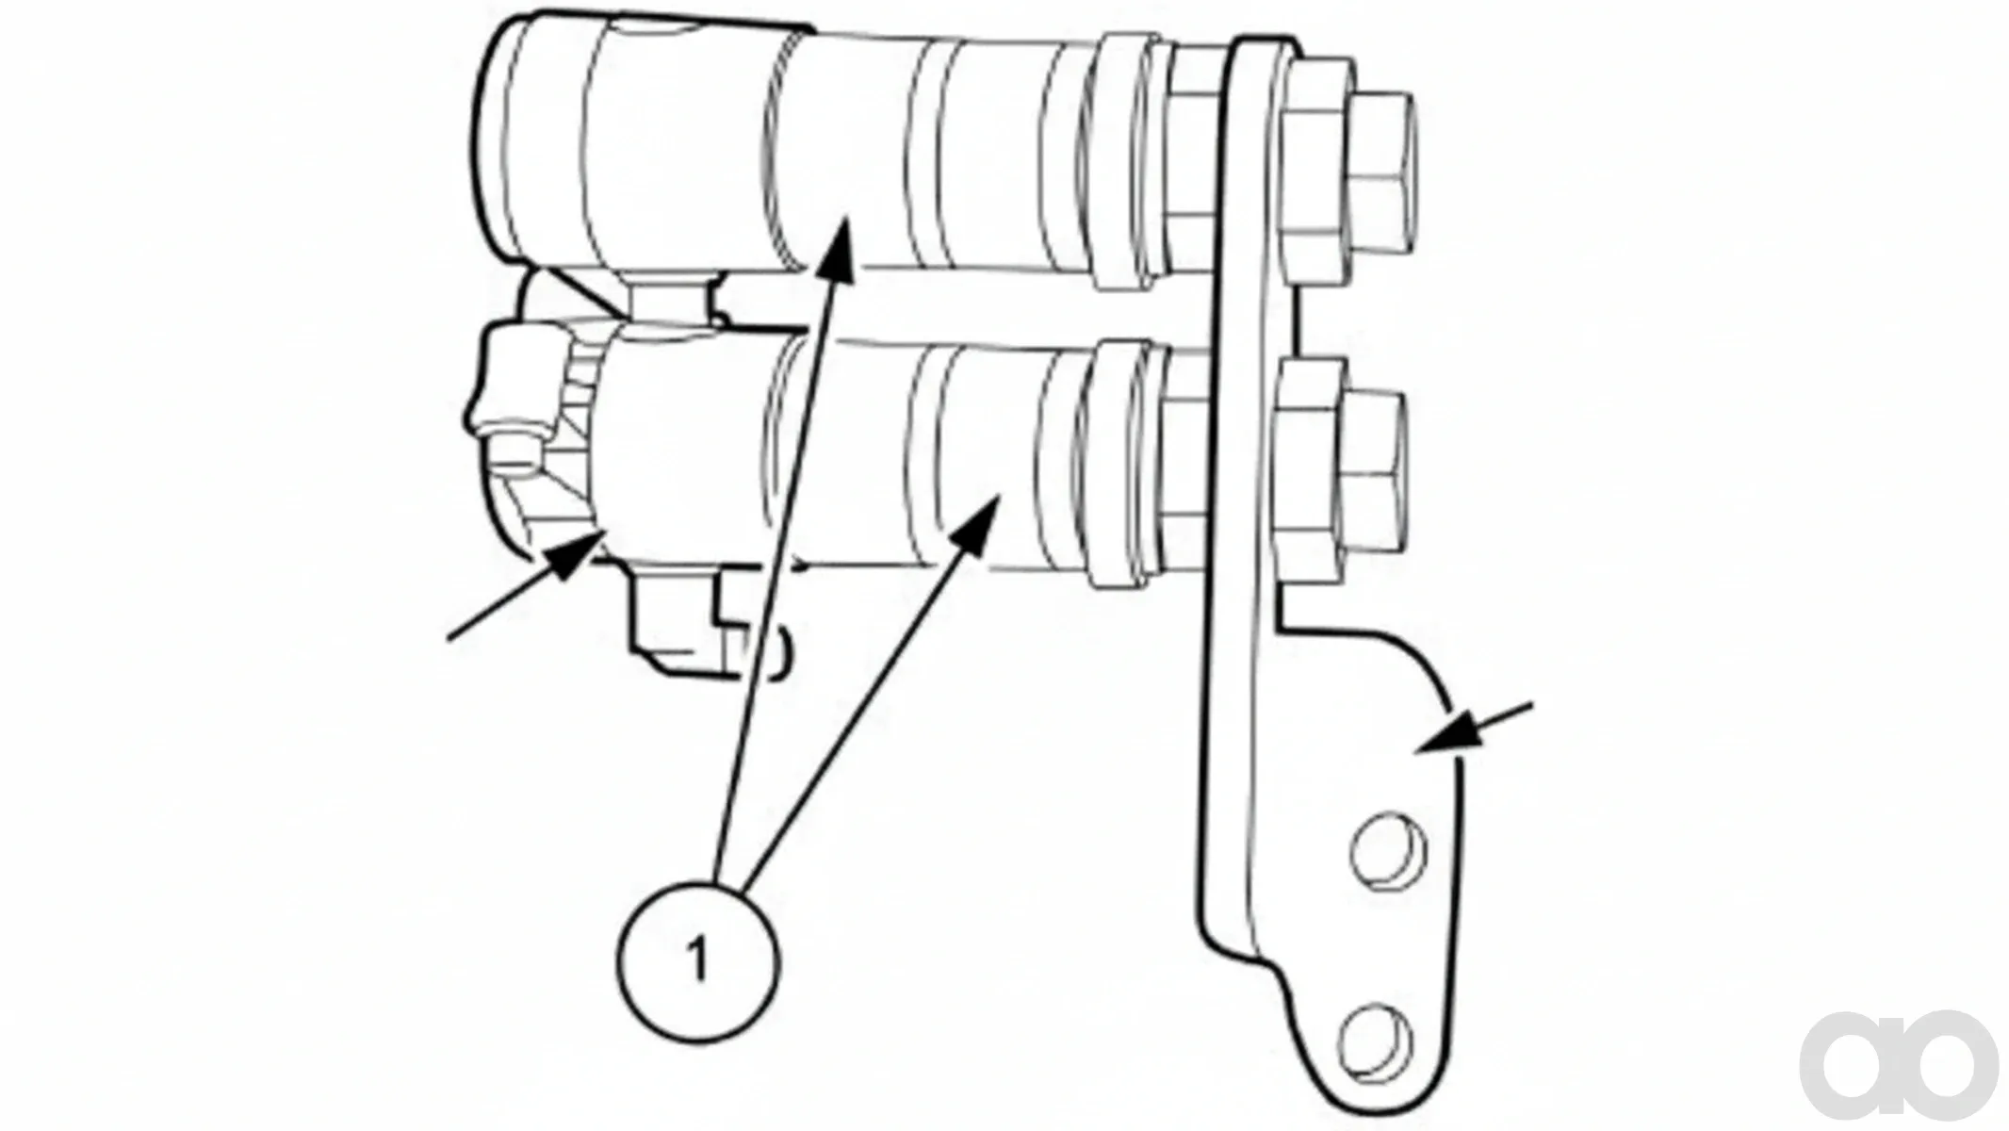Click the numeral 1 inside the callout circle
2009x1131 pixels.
697,960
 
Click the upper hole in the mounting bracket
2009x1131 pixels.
1388,852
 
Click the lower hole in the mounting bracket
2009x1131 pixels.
1376,1042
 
